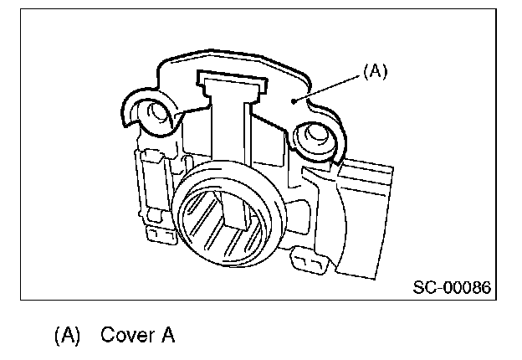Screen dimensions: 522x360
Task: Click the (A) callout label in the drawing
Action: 375,73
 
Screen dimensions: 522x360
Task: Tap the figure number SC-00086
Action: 451,288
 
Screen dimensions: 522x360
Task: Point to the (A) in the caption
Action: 67,337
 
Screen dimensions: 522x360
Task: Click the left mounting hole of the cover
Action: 155,111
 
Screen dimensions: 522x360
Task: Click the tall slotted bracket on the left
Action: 150,184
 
